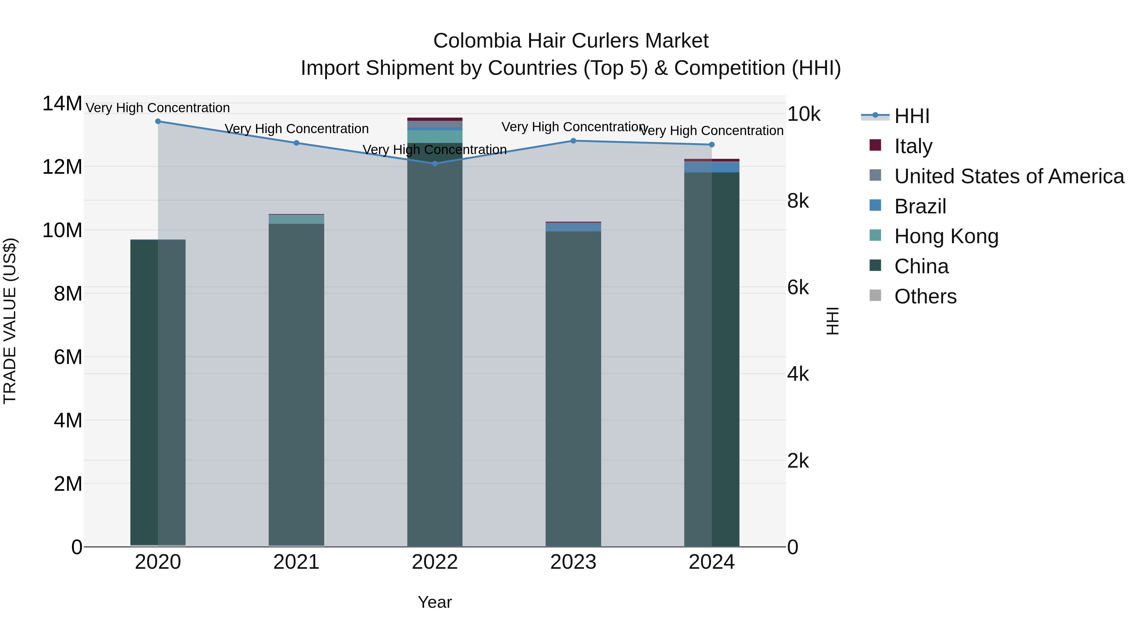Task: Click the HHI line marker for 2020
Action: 158,121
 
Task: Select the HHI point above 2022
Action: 435,164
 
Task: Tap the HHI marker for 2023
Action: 573,140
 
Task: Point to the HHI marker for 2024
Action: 712,145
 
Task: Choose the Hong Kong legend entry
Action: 946,236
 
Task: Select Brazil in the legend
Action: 920,206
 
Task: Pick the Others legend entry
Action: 925,296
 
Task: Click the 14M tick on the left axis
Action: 62,104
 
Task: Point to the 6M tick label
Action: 68,357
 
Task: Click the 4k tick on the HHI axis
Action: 798,374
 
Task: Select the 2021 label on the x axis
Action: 296,562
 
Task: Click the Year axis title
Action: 435,602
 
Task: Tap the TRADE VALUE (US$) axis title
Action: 10,321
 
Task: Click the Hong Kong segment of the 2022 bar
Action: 435,136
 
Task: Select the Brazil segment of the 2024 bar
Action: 712,167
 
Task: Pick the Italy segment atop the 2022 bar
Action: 435,119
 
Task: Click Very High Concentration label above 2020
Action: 158,108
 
